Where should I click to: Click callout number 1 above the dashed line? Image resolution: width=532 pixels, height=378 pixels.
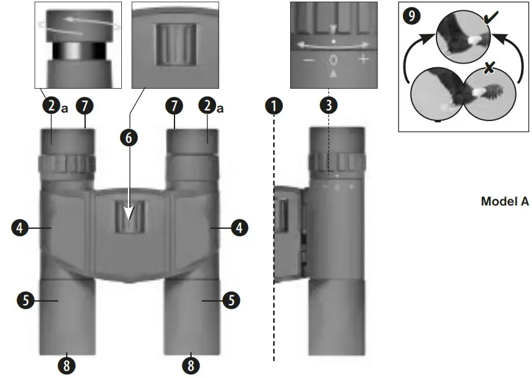[274, 105]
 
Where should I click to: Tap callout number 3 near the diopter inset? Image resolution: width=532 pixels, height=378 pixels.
[329, 105]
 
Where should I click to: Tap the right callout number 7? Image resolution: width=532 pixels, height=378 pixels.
[174, 106]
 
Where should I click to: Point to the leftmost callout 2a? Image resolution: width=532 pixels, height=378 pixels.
[51, 106]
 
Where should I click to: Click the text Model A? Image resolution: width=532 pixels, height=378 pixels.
[504, 202]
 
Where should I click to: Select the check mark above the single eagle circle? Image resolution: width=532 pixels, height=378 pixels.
[489, 20]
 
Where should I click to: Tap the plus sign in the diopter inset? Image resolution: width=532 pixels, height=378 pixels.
[364, 59]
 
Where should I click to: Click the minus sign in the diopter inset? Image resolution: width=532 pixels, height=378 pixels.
[309, 60]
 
